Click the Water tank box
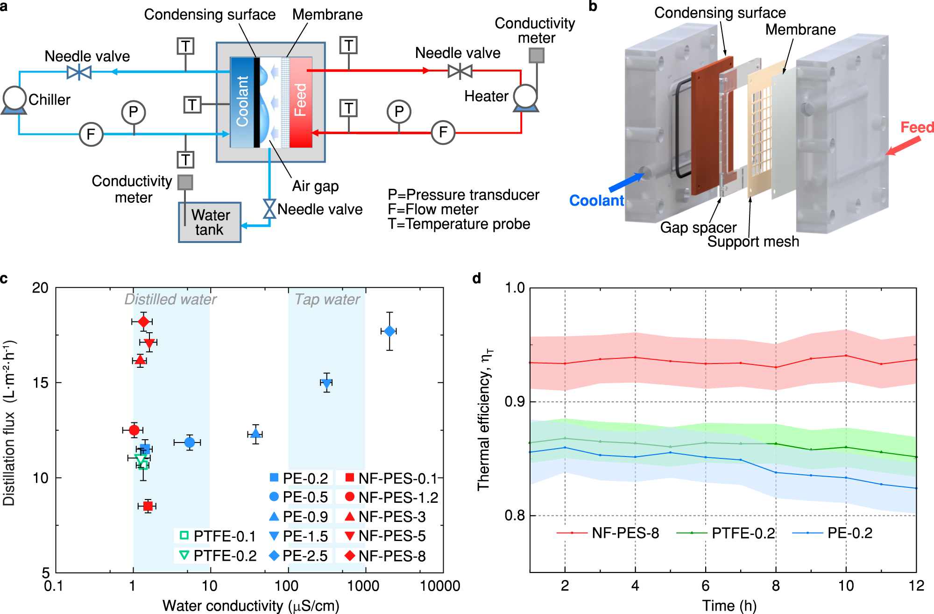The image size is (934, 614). tap(210, 222)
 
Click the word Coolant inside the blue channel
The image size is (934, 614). tap(242, 101)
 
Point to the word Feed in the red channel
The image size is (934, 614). tap(300, 100)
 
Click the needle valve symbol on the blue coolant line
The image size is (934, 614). tap(79, 72)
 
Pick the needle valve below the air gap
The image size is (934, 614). tap(269, 209)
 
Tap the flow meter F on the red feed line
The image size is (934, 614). tap(442, 133)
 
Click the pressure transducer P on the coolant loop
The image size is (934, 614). tap(134, 113)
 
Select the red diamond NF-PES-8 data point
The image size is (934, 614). tap(143, 321)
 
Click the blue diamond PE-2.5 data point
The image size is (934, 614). tap(389, 331)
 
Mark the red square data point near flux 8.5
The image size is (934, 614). tap(148, 506)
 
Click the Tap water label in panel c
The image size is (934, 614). tap(327, 299)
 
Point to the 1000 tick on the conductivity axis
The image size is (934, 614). tap(363, 585)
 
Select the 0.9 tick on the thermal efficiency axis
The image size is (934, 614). tap(515, 402)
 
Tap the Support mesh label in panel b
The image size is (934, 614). tap(753, 242)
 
